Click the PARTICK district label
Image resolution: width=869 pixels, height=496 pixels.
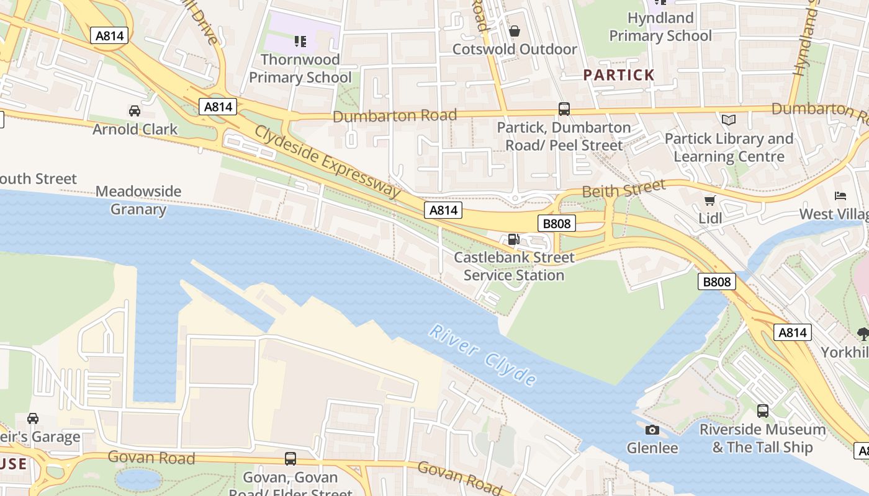click(x=619, y=75)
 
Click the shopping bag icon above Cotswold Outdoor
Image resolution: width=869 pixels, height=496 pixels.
click(x=515, y=31)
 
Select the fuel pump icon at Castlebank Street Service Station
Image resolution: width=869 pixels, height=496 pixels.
click(x=513, y=239)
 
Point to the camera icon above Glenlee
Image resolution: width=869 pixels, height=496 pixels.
click(x=652, y=430)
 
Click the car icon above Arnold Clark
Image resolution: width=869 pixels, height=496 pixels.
click(x=134, y=111)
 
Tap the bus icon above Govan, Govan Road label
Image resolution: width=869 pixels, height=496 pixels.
click(x=290, y=459)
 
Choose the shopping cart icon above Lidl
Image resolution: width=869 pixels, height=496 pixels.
click(x=710, y=200)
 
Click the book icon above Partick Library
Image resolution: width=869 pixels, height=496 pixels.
click(x=728, y=120)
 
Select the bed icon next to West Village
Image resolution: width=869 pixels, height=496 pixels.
click(x=840, y=196)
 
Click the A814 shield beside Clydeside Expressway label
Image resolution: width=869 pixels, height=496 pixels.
click(x=443, y=210)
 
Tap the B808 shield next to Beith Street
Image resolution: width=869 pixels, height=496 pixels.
click(x=556, y=223)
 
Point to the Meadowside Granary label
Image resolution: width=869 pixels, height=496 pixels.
click(x=138, y=200)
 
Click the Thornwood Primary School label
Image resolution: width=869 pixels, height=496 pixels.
click(x=300, y=68)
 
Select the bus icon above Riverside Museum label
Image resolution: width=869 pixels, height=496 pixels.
click(x=762, y=410)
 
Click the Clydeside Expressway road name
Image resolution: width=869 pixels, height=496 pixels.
click(x=328, y=161)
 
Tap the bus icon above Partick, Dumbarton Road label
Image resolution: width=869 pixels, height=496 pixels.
click(x=564, y=109)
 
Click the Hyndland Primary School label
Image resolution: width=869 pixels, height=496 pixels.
click(x=660, y=27)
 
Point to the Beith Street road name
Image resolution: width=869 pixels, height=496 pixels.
click(x=623, y=188)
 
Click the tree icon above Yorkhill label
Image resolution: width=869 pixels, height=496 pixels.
click(x=863, y=334)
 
